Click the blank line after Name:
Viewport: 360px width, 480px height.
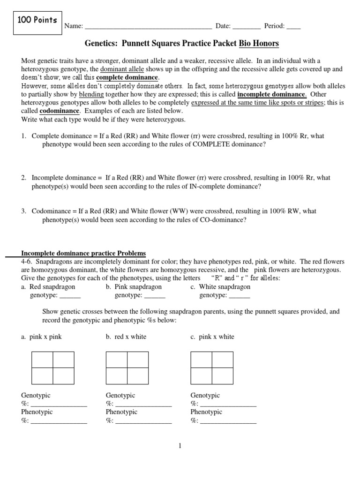(x=148, y=26)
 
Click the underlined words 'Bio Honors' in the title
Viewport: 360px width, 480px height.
(x=259, y=44)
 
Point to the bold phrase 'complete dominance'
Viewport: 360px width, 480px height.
(x=127, y=77)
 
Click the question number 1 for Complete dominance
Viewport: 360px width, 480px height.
(x=23, y=136)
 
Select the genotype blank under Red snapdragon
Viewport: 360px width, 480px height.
(x=70, y=296)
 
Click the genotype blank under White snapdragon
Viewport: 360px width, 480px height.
(x=240, y=296)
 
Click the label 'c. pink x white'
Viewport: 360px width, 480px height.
(x=212, y=337)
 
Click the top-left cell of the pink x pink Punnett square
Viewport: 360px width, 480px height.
(x=42, y=360)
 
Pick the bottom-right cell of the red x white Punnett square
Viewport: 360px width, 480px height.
(x=138, y=376)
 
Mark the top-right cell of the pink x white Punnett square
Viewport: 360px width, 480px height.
(x=223, y=360)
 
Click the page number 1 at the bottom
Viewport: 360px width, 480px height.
(x=180, y=446)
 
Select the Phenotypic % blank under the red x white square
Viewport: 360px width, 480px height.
(x=143, y=420)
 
